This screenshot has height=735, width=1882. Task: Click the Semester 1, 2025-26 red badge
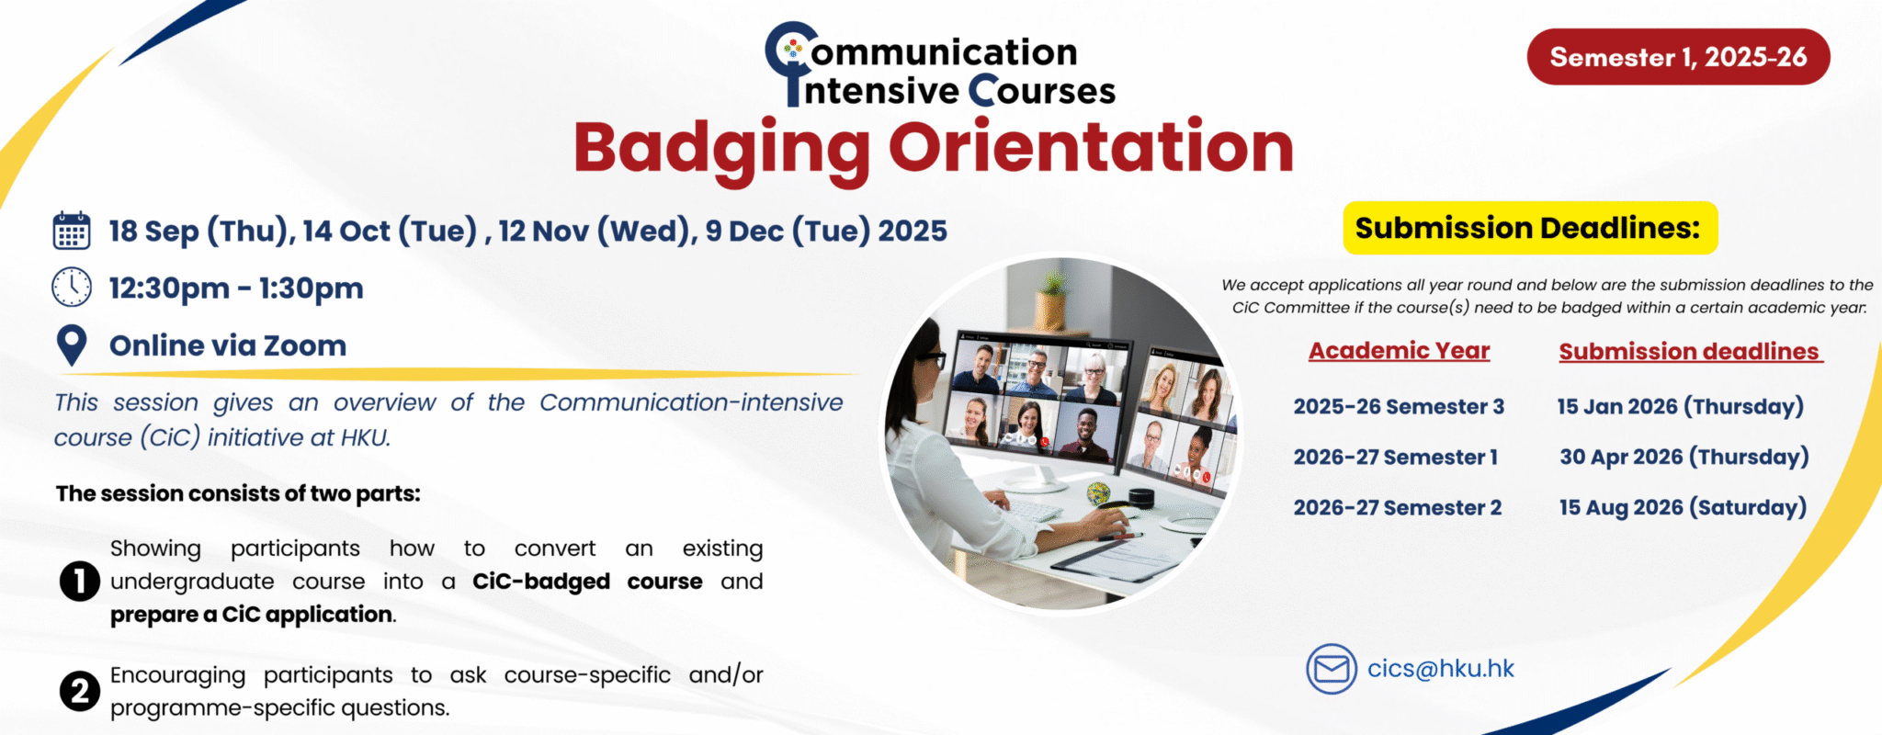coord(1678,57)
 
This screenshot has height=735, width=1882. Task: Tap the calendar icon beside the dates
coord(72,231)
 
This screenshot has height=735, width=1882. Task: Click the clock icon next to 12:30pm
coord(72,288)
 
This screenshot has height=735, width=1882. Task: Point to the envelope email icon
coord(1332,669)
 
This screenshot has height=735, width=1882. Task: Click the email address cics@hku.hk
coord(1440,669)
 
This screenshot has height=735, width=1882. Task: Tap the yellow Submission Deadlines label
coord(1530,228)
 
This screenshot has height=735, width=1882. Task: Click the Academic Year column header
coord(1400,351)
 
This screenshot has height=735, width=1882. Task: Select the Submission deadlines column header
coord(1690,352)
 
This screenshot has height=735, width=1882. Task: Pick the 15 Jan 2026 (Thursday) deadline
coord(1681,407)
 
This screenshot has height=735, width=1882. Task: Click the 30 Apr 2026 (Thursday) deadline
coord(1684,458)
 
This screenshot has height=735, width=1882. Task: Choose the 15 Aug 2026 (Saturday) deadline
coord(1683,508)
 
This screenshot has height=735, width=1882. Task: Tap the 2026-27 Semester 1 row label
coord(1396,458)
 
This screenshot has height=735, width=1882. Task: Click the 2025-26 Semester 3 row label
coord(1399,407)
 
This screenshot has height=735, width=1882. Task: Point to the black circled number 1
coord(80,582)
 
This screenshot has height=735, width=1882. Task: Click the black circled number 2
coord(80,691)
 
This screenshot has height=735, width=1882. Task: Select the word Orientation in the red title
coord(1091,147)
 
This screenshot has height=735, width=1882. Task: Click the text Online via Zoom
coord(228,346)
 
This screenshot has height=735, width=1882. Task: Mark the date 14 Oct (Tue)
coord(390,231)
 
